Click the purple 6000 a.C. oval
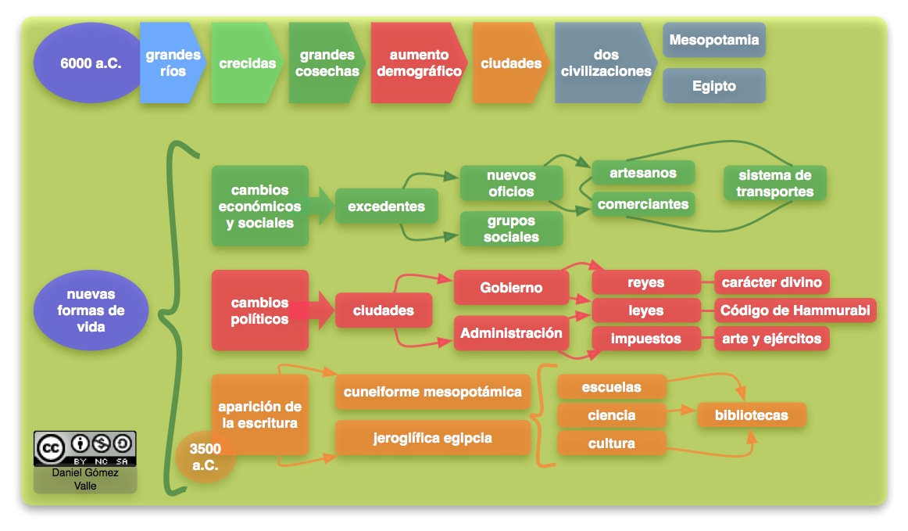[x=91, y=63]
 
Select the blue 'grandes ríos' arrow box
[x=171, y=63]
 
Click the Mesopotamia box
[x=713, y=40]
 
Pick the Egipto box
[x=713, y=86]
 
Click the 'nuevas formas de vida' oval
[x=91, y=310]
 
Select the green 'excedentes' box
[x=386, y=206]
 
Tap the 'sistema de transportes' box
[x=774, y=183]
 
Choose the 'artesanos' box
[x=642, y=172]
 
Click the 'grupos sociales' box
[x=511, y=229]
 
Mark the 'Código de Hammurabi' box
[x=795, y=310]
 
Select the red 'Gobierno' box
[x=511, y=288]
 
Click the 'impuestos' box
[x=645, y=339]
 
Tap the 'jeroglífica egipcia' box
[x=432, y=438]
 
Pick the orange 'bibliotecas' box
[x=750, y=415]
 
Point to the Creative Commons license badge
[x=84, y=448]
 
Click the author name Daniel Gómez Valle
[x=84, y=479]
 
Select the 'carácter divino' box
[x=771, y=282]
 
